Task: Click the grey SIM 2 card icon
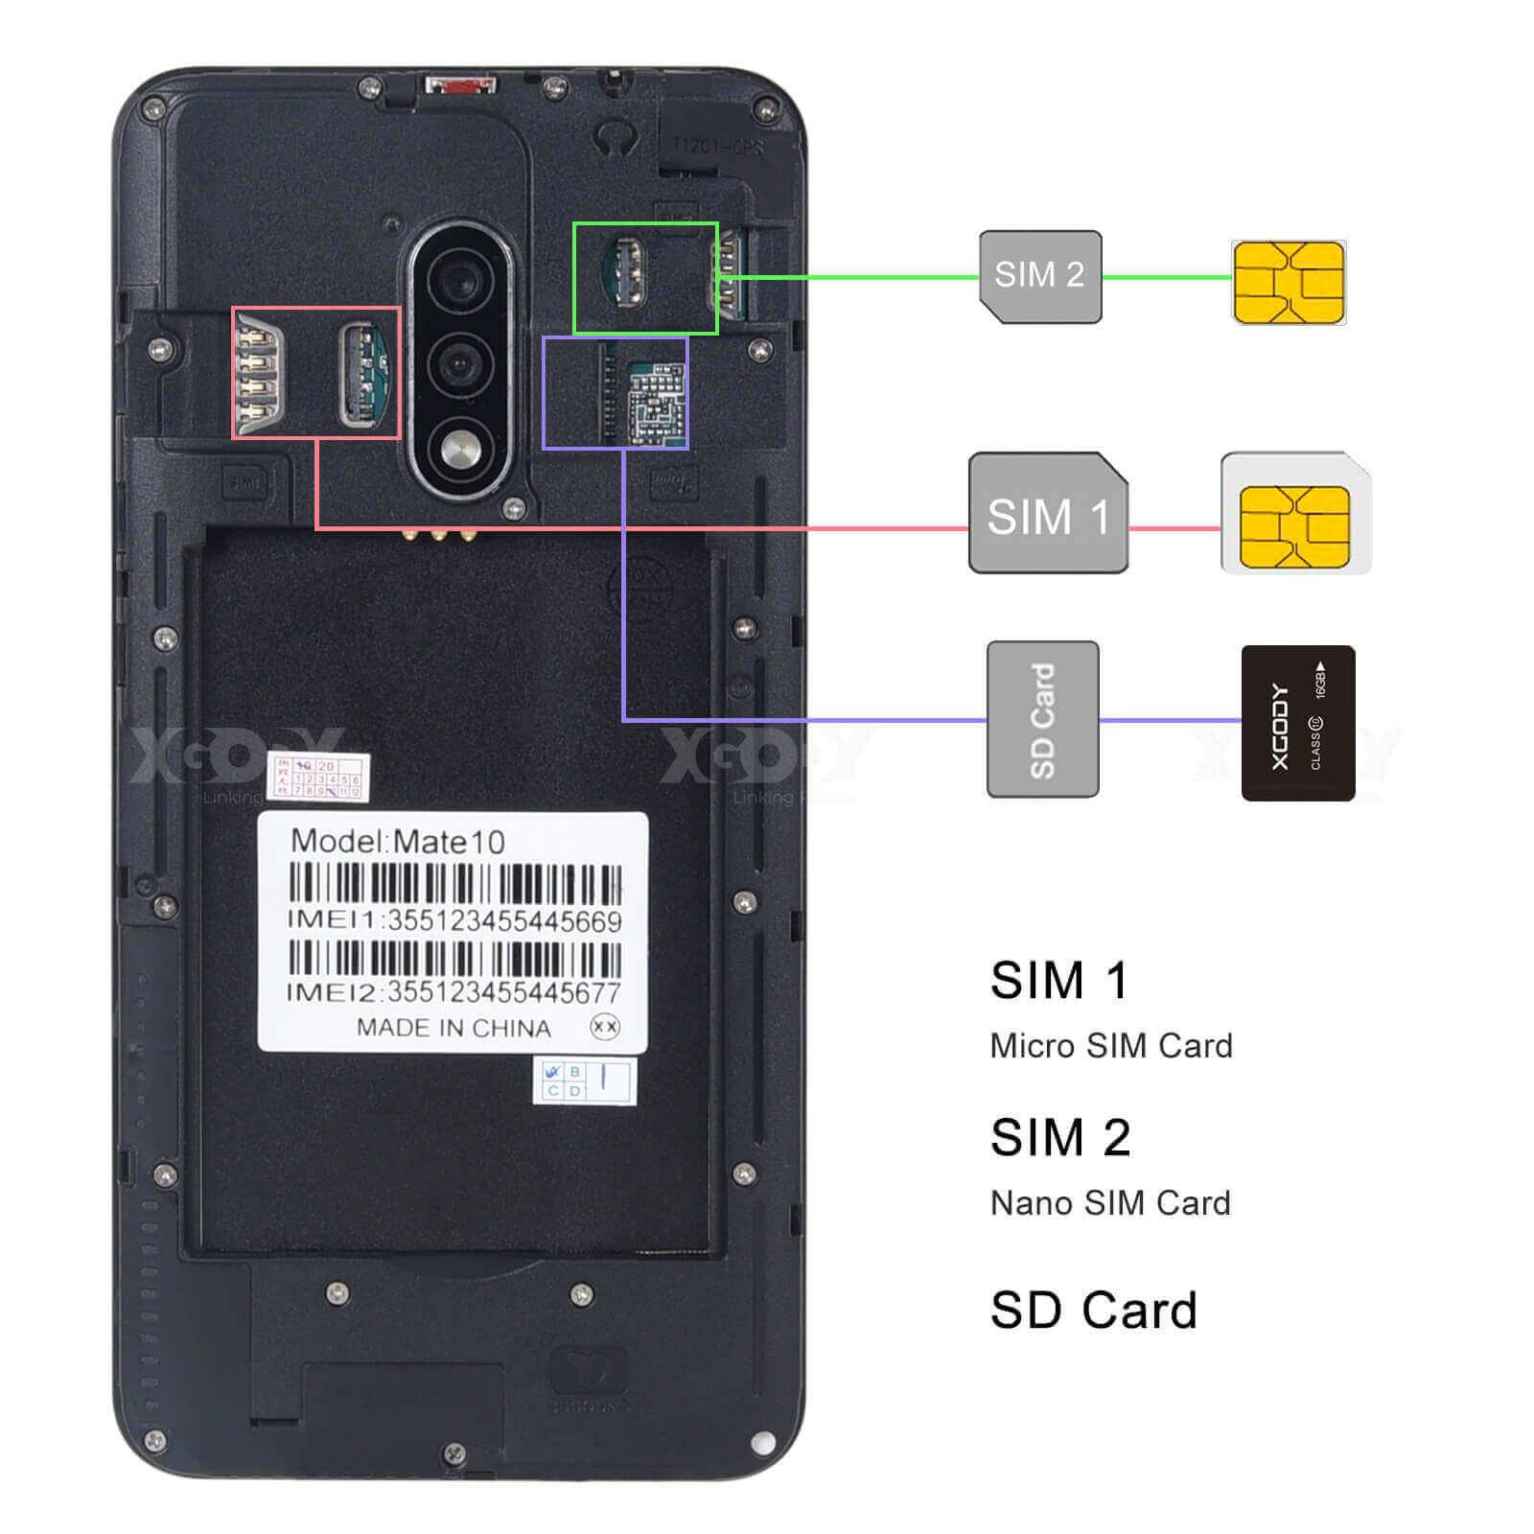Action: point(1040,276)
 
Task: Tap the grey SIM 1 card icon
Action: point(1048,514)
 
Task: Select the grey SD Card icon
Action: point(1042,719)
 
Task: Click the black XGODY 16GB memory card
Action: point(1297,723)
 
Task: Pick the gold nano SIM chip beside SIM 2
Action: point(1289,282)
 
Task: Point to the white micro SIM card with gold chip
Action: point(1295,515)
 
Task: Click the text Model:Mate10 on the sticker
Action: point(397,842)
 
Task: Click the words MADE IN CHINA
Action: point(453,1028)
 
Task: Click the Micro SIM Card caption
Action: point(1110,1046)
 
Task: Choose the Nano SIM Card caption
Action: point(1109,1203)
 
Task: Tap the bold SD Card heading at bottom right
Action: point(1093,1311)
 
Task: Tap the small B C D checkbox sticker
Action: point(584,1081)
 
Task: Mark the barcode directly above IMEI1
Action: point(454,884)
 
